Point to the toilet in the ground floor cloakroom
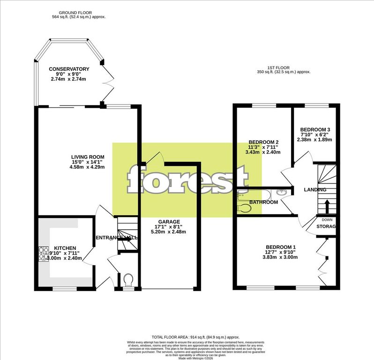[x=128, y=280]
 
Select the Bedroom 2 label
[x=264, y=142]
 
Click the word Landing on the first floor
[x=315, y=189]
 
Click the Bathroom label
[x=263, y=202]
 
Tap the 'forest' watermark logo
[x=187, y=179]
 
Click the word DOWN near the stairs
[x=327, y=219]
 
